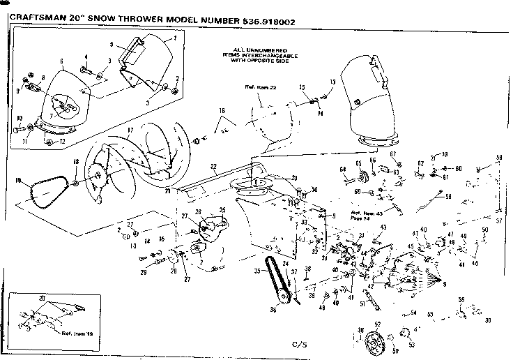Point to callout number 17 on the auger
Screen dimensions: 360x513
pyautogui.click(x=130, y=130)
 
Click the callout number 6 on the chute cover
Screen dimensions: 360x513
pyautogui.click(x=61, y=61)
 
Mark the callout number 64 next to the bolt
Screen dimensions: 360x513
pyautogui.click(x=343, y=169)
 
